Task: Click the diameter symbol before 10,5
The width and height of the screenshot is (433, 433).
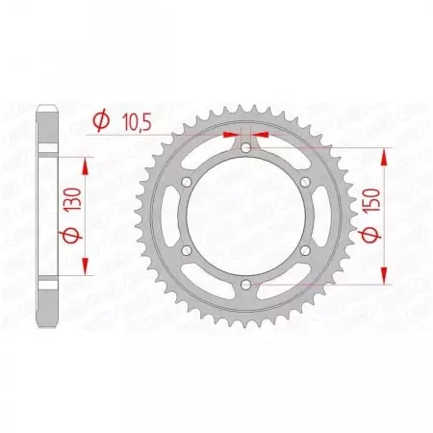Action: (99, 121)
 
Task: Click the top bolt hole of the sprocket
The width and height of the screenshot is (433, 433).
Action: (246, 147)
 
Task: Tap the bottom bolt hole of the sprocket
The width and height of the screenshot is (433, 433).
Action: (246, 284)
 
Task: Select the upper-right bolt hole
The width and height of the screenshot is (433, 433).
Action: (305, 182)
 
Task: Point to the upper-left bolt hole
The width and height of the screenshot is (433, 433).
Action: (188, 182)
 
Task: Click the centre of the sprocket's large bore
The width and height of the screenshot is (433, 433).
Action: (246, 216)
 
